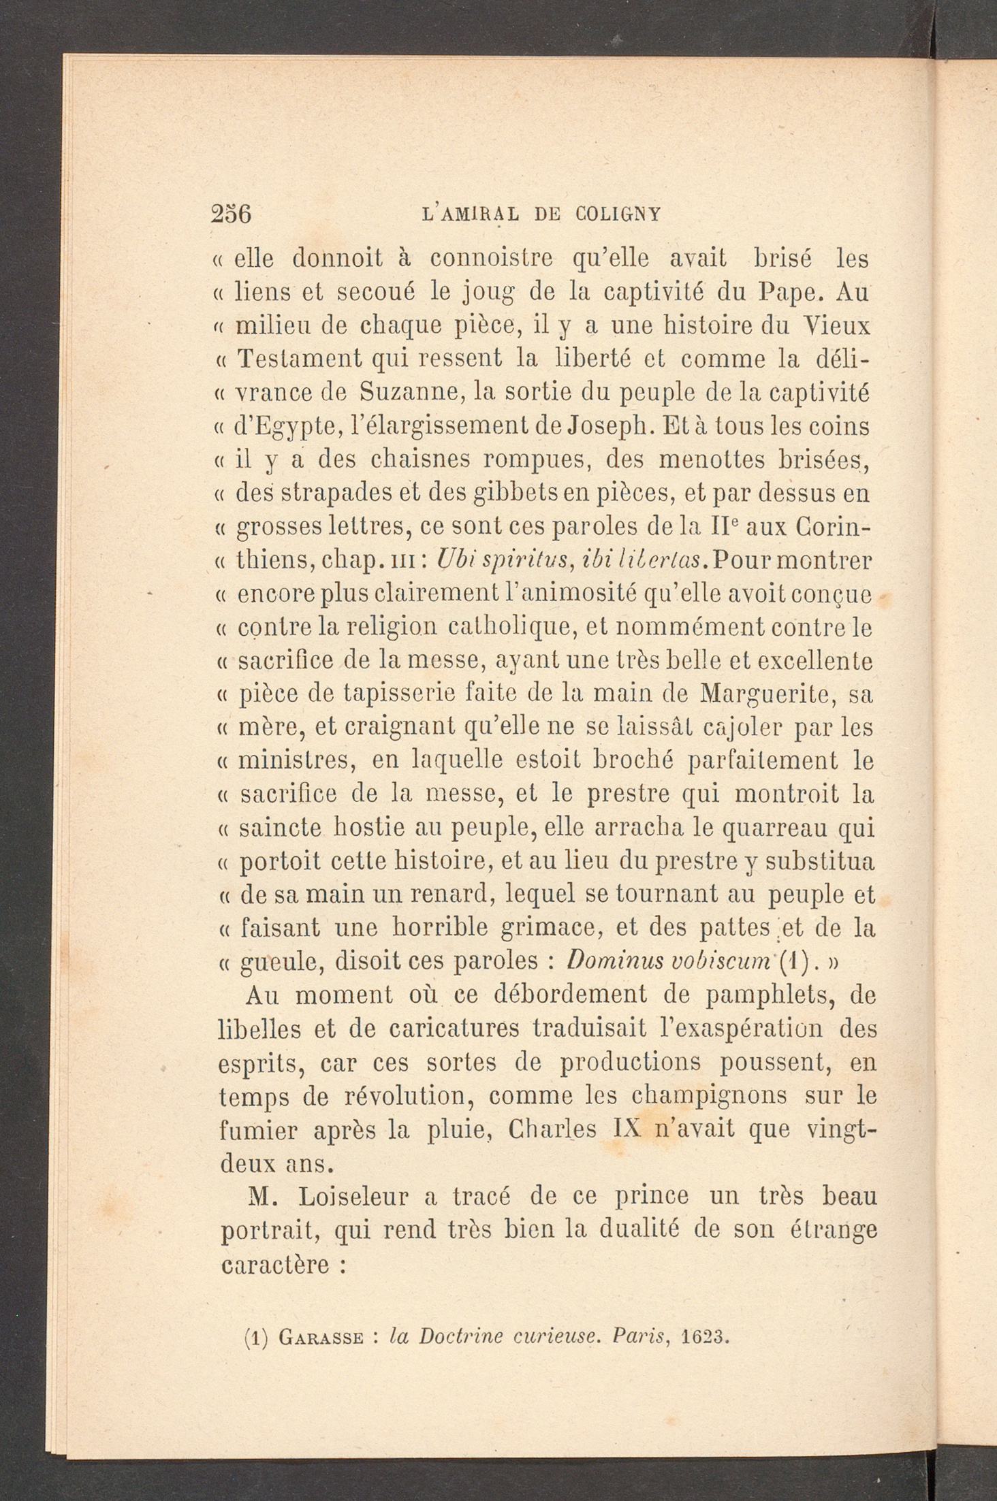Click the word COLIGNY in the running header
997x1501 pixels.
[x=618, y=214]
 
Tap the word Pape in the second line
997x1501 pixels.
[x=789, y=292]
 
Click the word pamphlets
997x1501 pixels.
[x=772, y=996]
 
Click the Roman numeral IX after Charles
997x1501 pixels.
[x=628, y=1130]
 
